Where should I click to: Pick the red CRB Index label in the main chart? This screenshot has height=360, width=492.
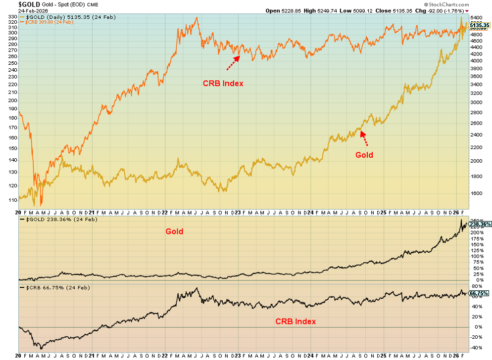(223, 84)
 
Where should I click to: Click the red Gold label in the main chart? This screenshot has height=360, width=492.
(364, 155)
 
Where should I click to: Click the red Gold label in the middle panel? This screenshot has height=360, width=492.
(174, 231)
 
